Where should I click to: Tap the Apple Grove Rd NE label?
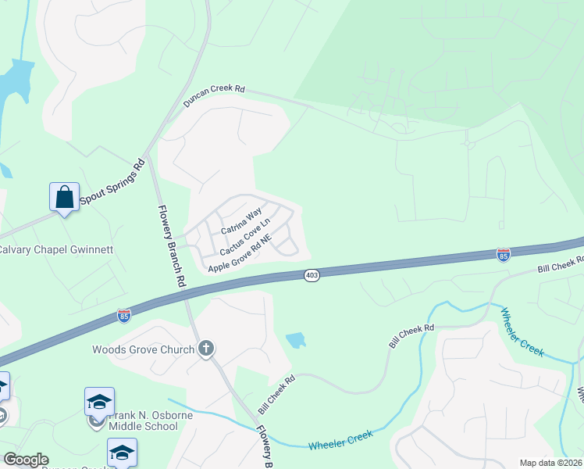(x=239, y=257)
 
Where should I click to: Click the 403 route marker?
(x=312, y=275)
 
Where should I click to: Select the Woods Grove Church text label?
(x=143, y=349)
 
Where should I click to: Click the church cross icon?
(x=205, y=349)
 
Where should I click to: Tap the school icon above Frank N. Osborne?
(x=99, y=402)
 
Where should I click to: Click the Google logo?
(x=25, y=460)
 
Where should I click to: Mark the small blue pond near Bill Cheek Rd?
(x=296, y=340)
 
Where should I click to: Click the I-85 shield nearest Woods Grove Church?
(x=124, y=315)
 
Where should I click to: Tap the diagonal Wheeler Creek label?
(x=521, y=331)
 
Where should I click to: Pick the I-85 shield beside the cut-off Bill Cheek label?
(x=504, y=255)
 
